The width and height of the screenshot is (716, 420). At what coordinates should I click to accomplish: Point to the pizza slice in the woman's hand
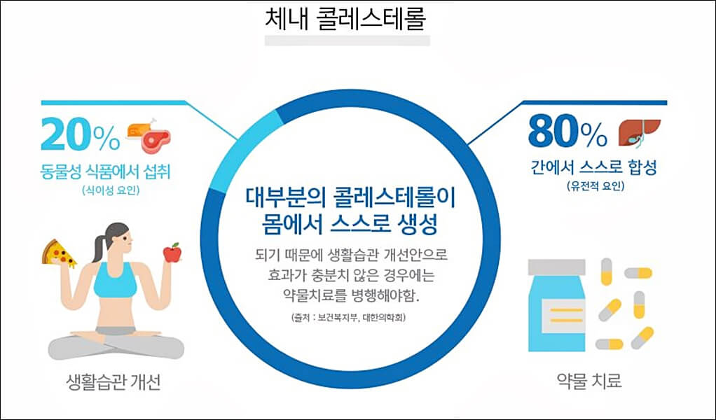pos(59,253)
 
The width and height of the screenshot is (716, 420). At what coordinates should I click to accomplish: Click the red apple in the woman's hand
pos(172,252)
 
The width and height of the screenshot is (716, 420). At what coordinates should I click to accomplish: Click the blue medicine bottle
pos(556,312)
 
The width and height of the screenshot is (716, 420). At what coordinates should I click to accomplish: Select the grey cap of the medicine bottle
pos(556,267)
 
